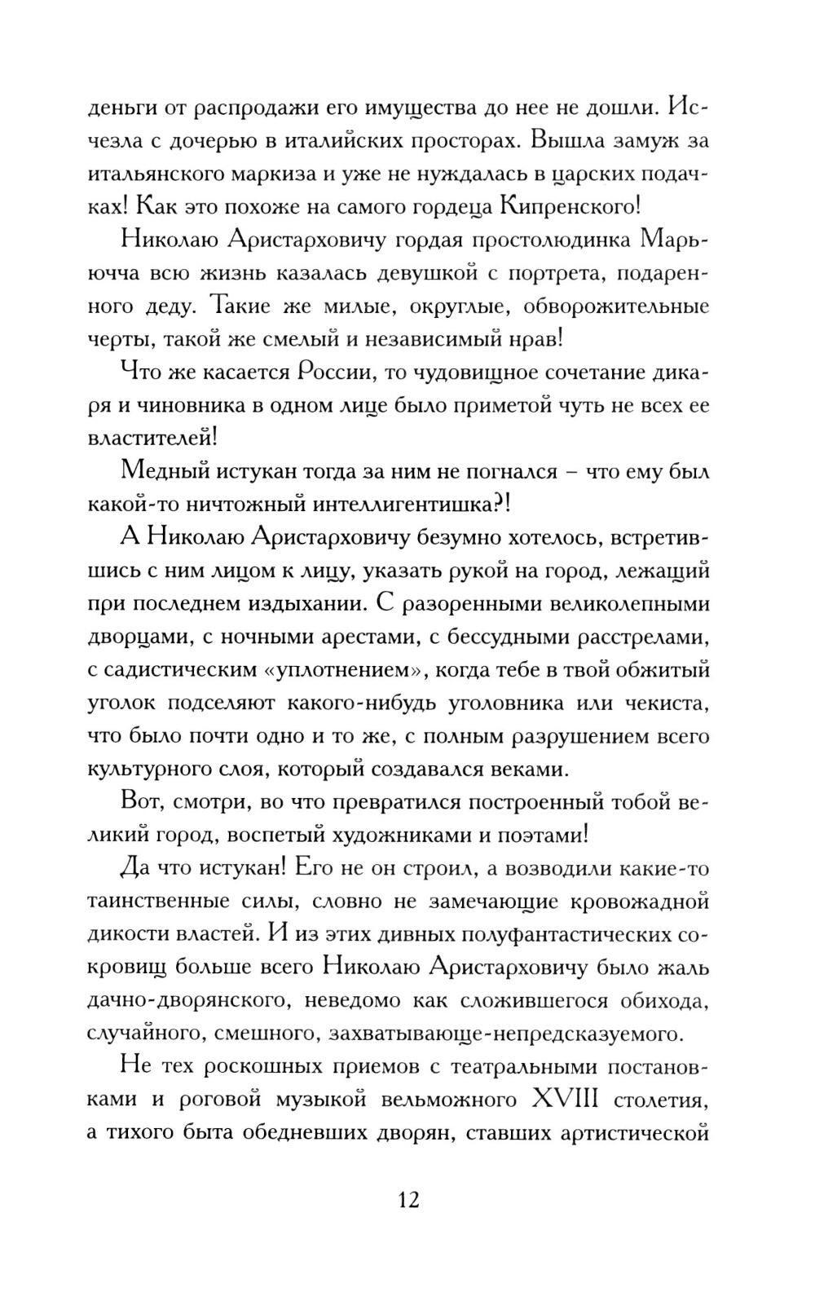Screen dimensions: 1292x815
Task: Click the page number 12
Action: (408, 1200)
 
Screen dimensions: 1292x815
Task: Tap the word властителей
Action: (152, 438)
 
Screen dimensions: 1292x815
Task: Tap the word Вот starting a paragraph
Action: (141, 802)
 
